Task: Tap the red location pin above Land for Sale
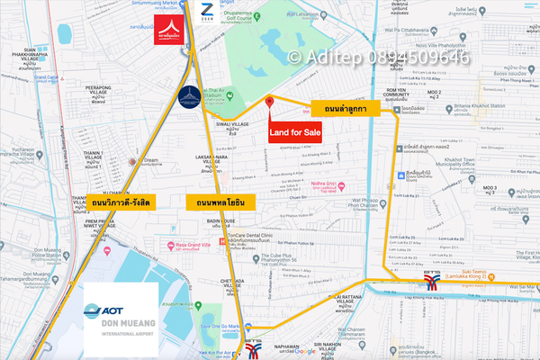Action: point(269,104)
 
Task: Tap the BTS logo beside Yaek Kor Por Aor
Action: point(254,346)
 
